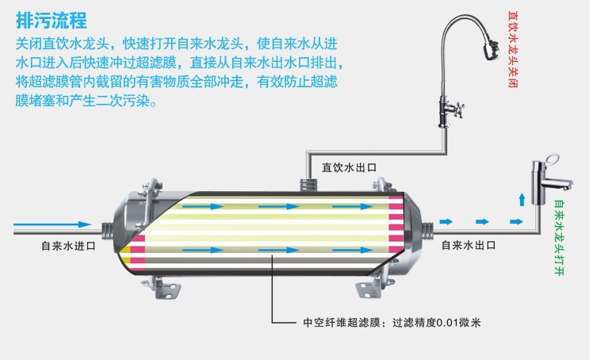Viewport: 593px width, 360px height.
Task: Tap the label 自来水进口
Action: click(x=68, y=247)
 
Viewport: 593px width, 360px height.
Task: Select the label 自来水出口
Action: click(x=468, y=247)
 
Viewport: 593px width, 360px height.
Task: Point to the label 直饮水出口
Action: click(x=348, y=168)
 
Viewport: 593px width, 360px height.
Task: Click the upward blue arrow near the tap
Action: click(x=521, y=199)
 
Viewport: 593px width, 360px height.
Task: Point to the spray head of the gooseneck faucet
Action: click(x=490, y=45)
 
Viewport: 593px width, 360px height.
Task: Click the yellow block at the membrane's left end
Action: click(x=124, y=251)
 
